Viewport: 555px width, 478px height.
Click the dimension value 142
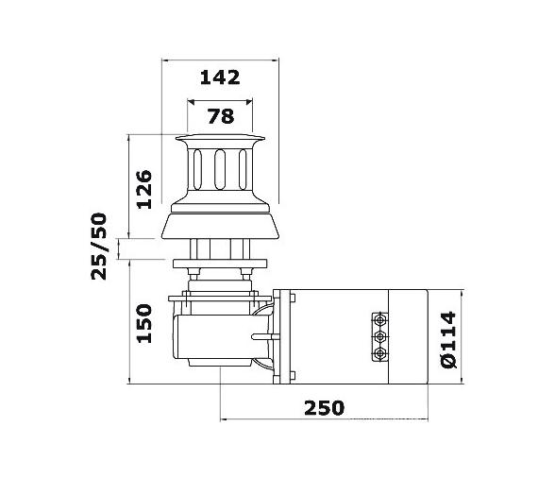coord(221,77)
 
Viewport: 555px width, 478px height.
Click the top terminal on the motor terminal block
coord(381,319)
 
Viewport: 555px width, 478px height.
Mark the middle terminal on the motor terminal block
coord(381,335)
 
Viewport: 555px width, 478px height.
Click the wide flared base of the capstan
coord(221,224)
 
